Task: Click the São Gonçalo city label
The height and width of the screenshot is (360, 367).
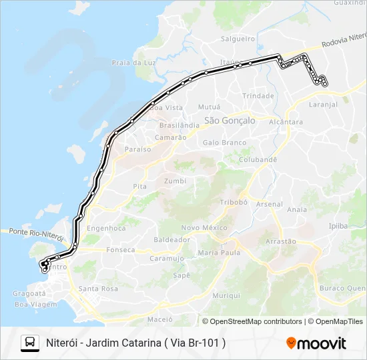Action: pyautogui.click(x=230, y=121)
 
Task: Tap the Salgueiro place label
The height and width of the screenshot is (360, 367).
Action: pyautogui.click(x=238, y=39)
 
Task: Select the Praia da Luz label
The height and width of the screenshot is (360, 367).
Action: pyautogui.click(x=133, y=63)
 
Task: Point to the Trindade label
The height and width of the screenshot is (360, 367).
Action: pyautogui.click(x=258, y=96)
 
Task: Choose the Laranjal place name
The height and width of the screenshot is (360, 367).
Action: pyautogui.click(x=324, y=105)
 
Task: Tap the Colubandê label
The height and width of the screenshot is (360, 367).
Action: pyautogui.click(x=258, y=160)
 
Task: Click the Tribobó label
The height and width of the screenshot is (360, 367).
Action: pyautogui.click(x=234, y=202)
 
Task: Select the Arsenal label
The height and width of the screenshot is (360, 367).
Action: pyautogui.click(x=269, y=204)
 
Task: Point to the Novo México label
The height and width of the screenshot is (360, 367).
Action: pyautogui.click(x=205, y=227)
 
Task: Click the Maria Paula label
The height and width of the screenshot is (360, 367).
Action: pyautogui.click(x=220, y=253)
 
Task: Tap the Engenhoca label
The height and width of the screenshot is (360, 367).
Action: pyautogui.click(x=106, y=228)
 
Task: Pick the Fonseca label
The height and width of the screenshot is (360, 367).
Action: pyautogui.click(x=120, y=250)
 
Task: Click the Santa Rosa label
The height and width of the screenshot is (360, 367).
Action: pyautogui.click(x=98, y=289)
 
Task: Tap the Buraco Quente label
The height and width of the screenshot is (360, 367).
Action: pyautogui.click(x=342, y=288)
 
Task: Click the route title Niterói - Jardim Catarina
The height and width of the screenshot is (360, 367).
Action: pyautogui.click(x=135, y=343)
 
